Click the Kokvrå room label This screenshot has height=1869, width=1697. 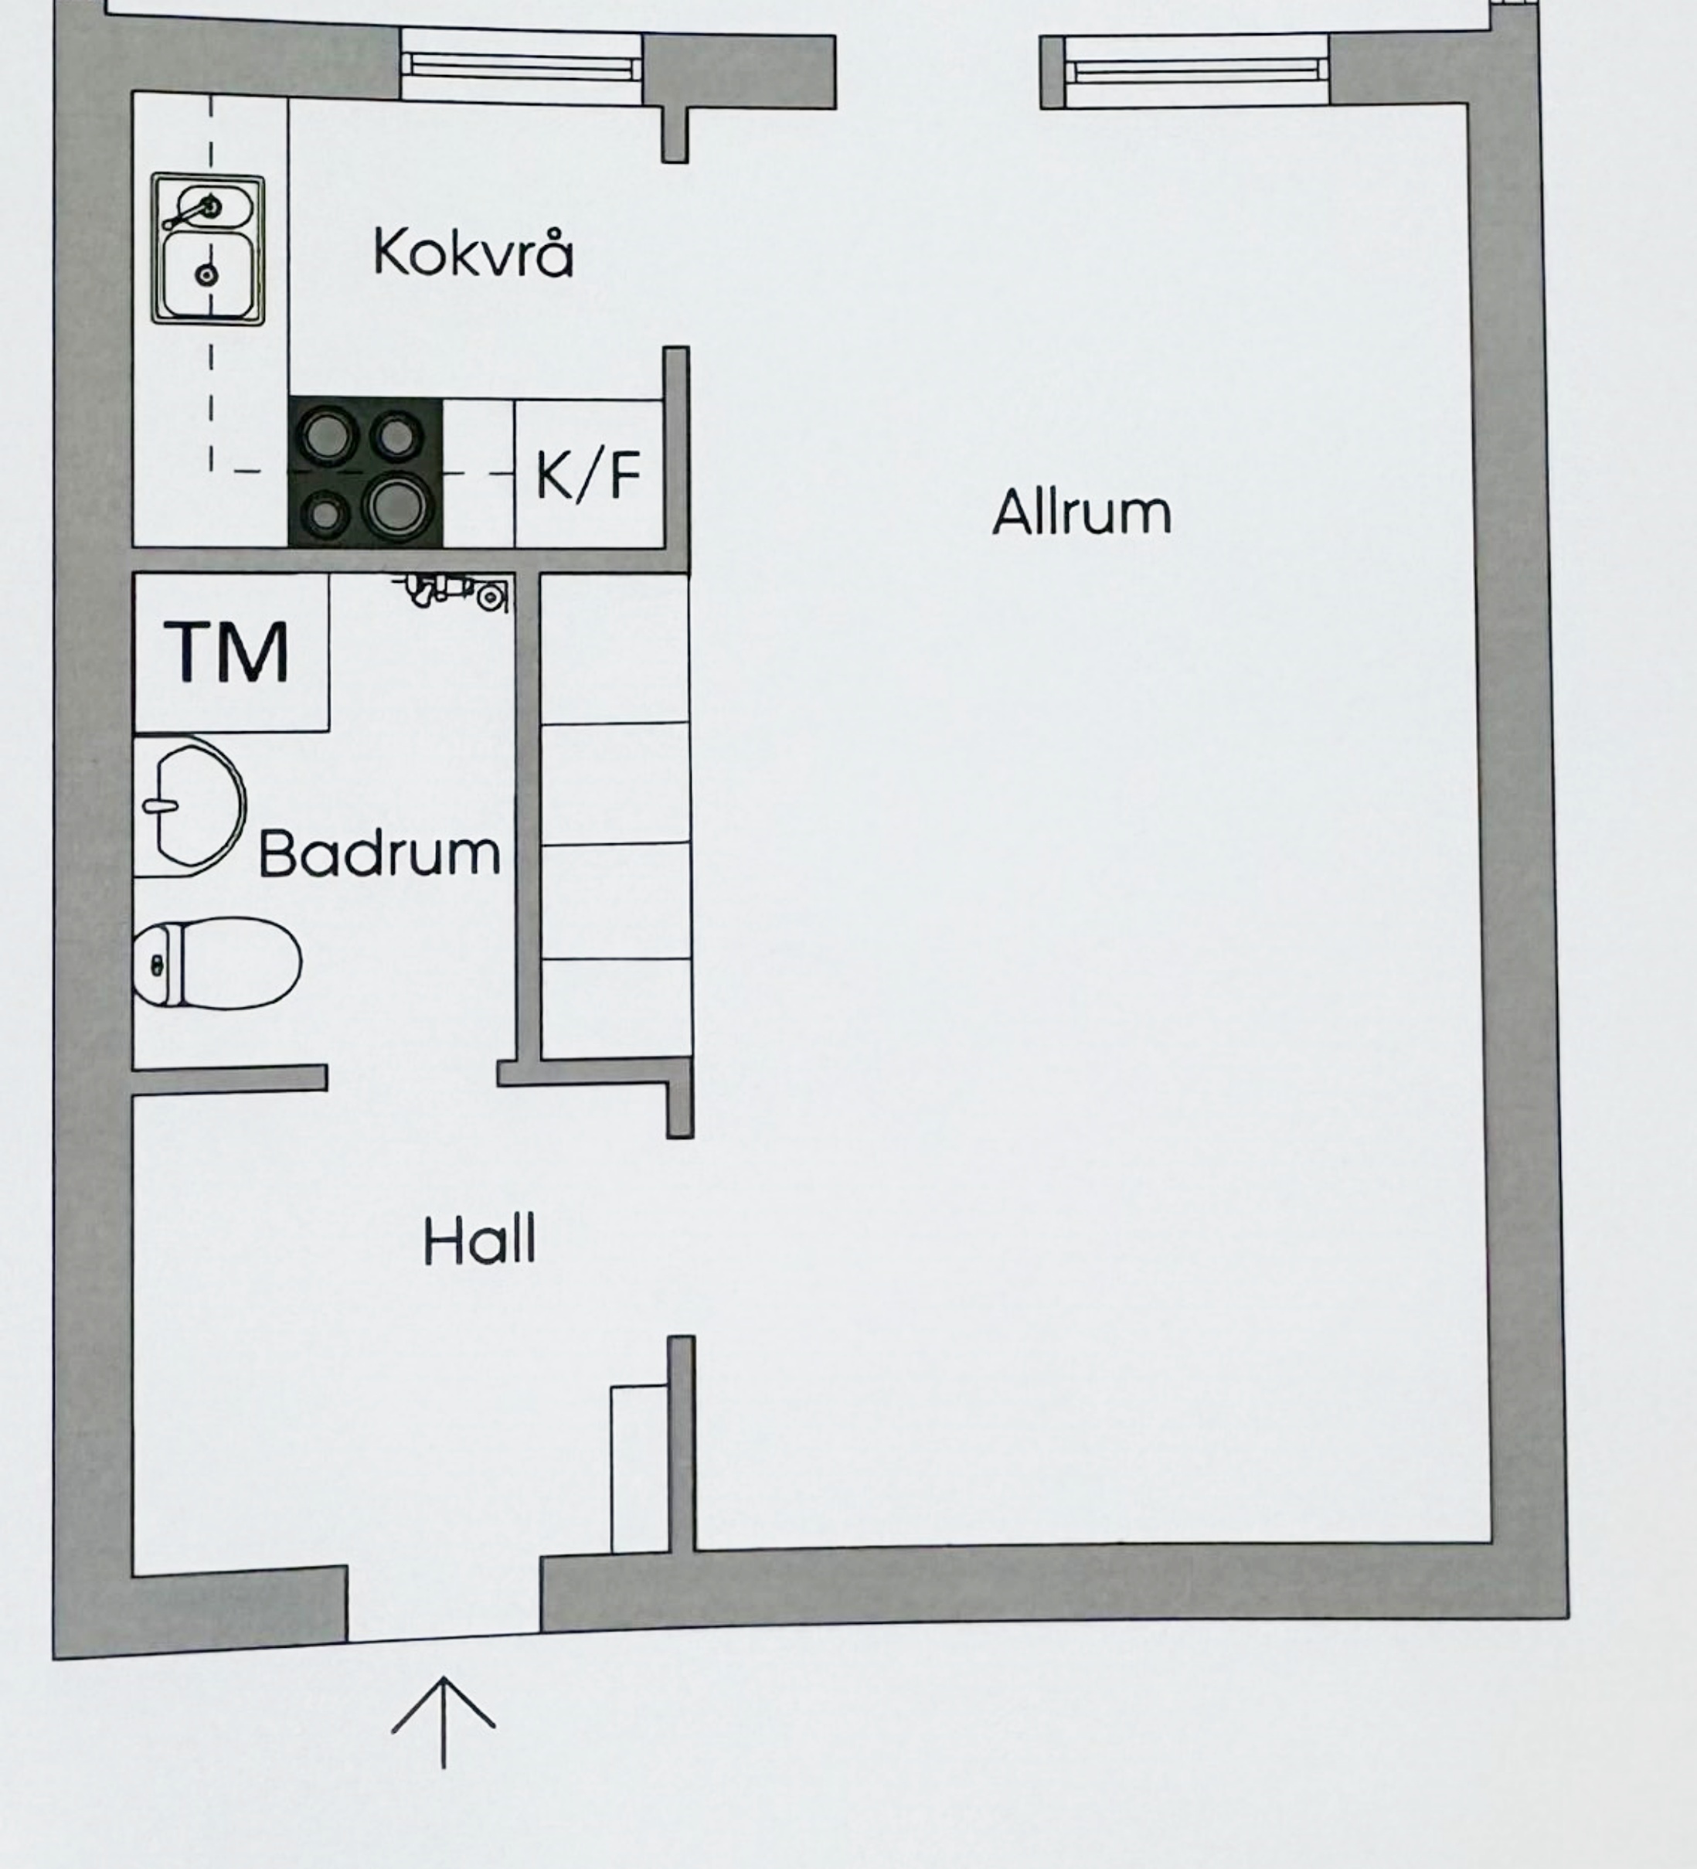473,253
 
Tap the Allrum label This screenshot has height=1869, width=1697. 1082,512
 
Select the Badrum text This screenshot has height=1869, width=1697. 379,854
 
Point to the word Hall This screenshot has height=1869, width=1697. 479,1241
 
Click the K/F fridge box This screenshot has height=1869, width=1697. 589,474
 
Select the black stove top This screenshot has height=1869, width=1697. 366,473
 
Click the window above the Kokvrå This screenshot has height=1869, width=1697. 521,66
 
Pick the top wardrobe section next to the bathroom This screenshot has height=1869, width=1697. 614,648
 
